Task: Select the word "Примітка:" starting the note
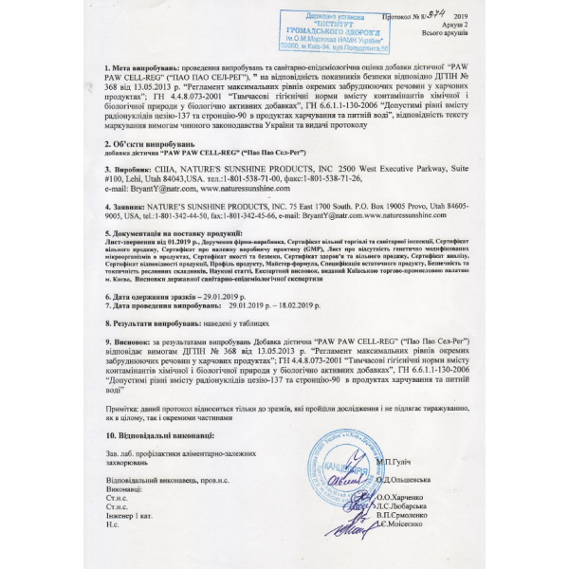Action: (x=122, y=403)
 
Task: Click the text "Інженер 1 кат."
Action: (x=131, y=514)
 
